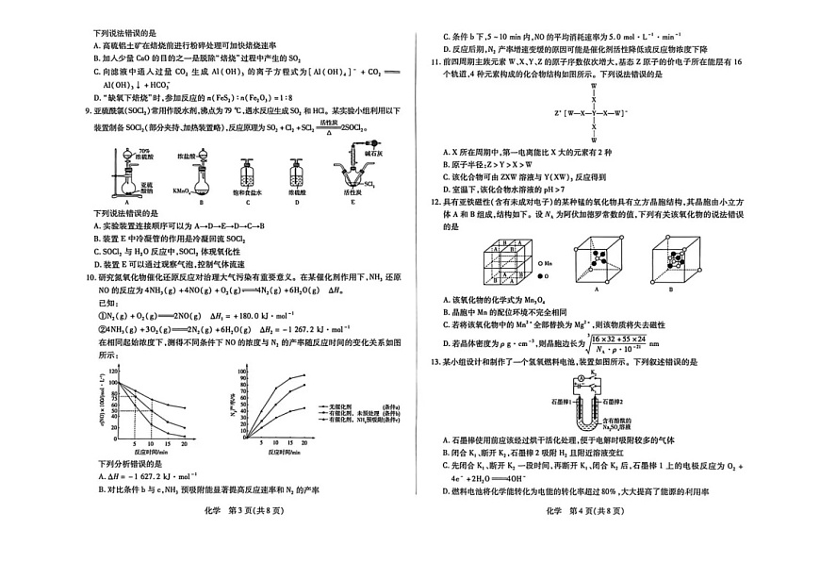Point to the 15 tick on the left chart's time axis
pyautogui.click(x=166, y=443)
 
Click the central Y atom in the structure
pyautogui.click(x=594, y=115)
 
